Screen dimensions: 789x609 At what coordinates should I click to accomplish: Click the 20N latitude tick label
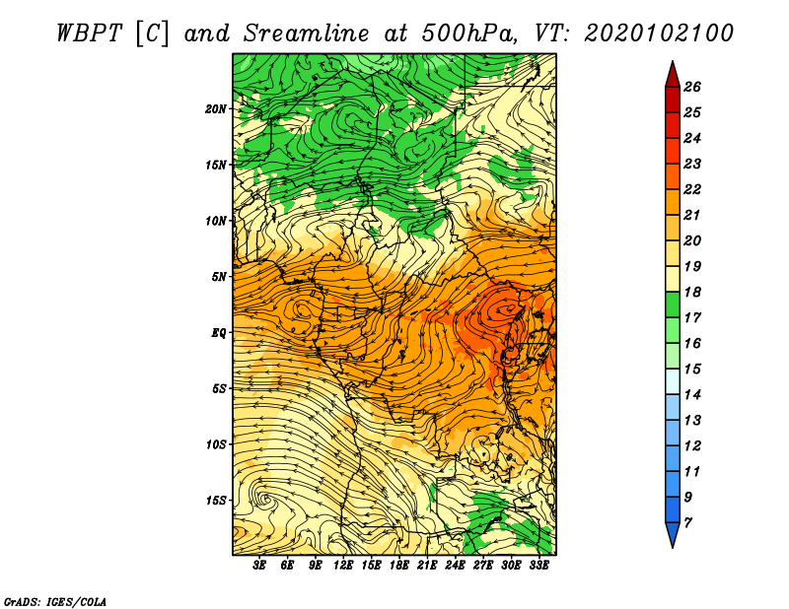(215, 109)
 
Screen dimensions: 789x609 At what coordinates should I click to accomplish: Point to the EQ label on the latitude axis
(218, 333)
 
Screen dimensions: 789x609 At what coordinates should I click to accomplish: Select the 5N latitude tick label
(219, 277)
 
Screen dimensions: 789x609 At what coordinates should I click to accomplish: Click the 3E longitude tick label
(259, 566)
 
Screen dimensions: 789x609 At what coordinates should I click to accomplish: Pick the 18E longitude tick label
(399, 566)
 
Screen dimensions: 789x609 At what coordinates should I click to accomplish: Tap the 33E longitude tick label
(538, 566)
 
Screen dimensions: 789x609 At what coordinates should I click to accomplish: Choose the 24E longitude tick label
(455, 566)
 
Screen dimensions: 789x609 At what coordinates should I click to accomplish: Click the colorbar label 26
(692, 87)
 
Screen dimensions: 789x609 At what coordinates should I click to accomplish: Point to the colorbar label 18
(692, 292)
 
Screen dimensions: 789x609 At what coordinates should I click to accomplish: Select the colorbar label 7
(687, 523)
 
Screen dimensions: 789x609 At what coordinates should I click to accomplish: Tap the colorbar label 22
(692, 189)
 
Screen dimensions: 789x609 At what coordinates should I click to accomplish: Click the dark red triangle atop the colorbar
(673, 76)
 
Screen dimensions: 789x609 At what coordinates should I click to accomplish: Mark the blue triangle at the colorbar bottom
(673, 534)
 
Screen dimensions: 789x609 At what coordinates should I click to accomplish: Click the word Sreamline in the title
(306, 34)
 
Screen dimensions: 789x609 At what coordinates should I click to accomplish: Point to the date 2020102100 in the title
(659, 34)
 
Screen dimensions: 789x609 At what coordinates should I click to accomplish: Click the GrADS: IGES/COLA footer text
(55, 602)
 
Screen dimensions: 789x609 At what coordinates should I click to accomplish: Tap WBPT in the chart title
(89, 34)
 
